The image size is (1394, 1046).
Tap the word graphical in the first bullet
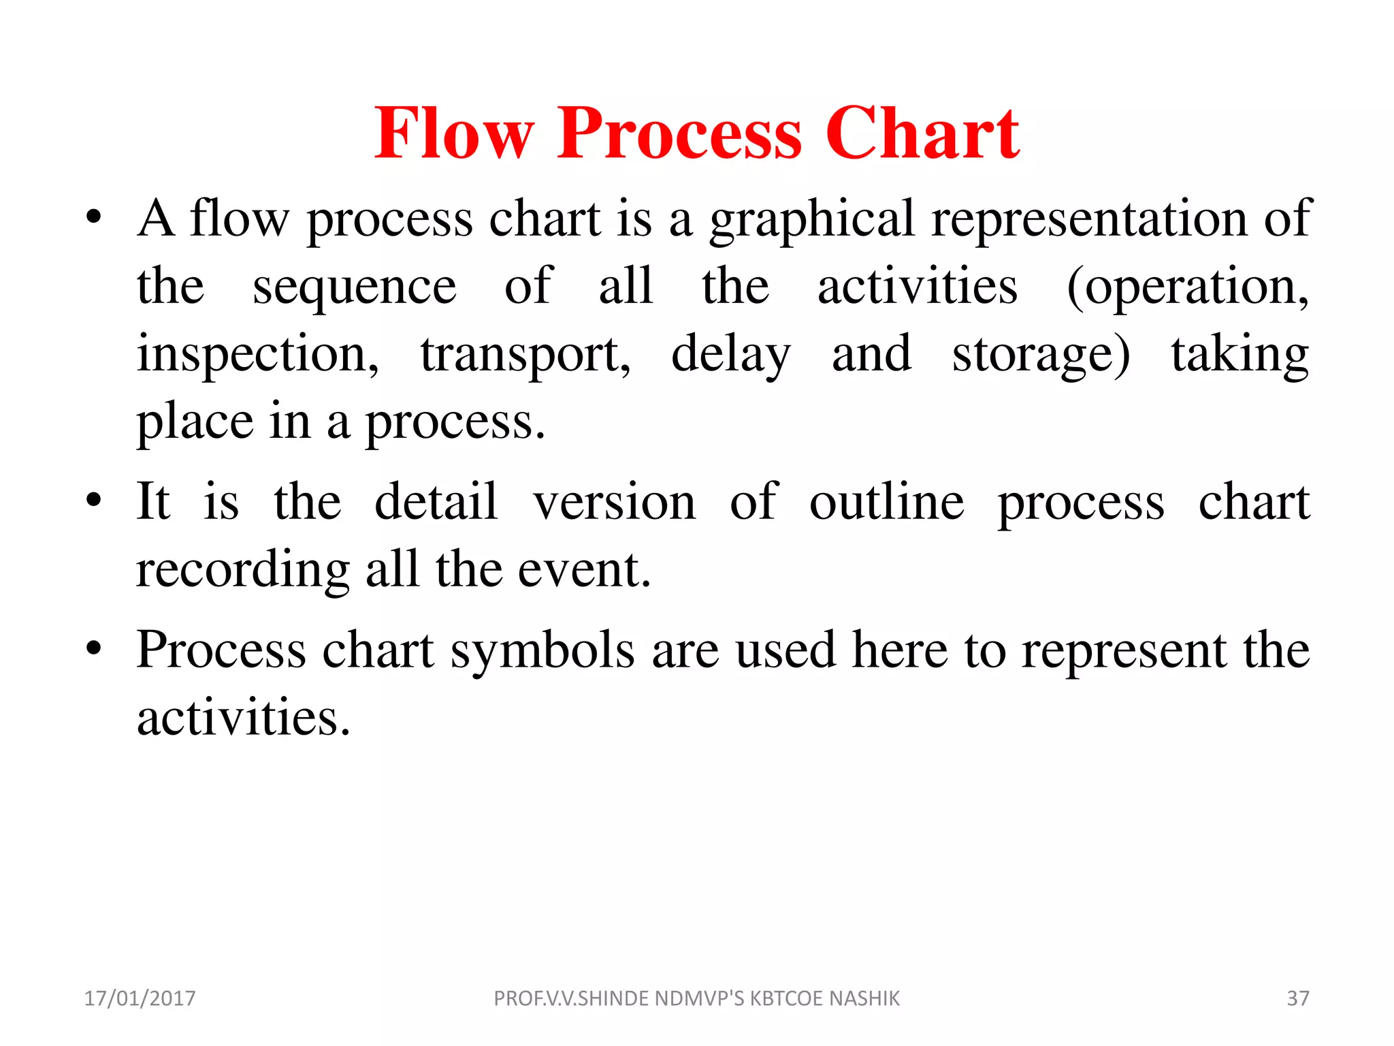[x=812, y=219]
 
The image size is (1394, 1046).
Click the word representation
[x=1089, y=219]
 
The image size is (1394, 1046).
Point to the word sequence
[x=354, y=287]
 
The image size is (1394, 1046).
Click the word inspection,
[x=258, y=355]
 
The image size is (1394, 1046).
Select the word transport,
[x=525, y=355]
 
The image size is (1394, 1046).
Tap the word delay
[x=731, y=355]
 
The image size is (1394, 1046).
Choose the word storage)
[x=1041, y=355]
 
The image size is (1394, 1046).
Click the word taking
[x=1239, y=355]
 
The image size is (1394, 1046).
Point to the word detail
[x=436, y=502]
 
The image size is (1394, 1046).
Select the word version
[x=615, y=502]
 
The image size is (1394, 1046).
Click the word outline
[x=886, y=502]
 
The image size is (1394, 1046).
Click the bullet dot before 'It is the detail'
[x=94, y=502]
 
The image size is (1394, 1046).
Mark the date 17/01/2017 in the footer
[x=140, y=998]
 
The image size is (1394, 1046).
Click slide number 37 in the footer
[x=1297, y=998]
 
